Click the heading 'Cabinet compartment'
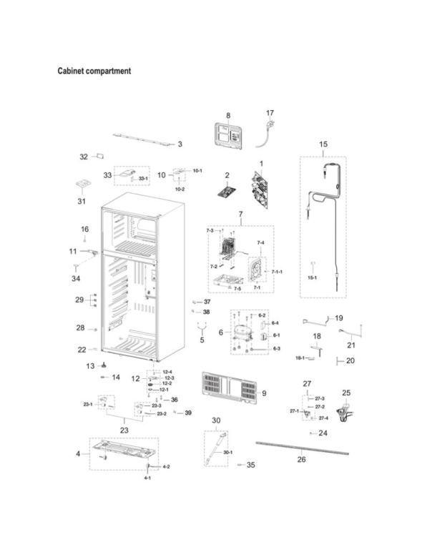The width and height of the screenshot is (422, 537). coord(94,72)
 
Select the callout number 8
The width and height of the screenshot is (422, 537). coord(228,115)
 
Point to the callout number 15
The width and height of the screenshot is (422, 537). coord(323,144)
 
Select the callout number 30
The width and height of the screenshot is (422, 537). coord(217,421)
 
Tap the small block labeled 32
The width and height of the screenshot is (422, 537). coord(101,155)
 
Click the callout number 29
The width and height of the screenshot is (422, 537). coord(79,300)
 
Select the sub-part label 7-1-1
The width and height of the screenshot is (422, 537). coord(276,272)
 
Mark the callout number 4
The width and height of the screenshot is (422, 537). coord(77,453)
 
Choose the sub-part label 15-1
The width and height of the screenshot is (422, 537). coord(312,277)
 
